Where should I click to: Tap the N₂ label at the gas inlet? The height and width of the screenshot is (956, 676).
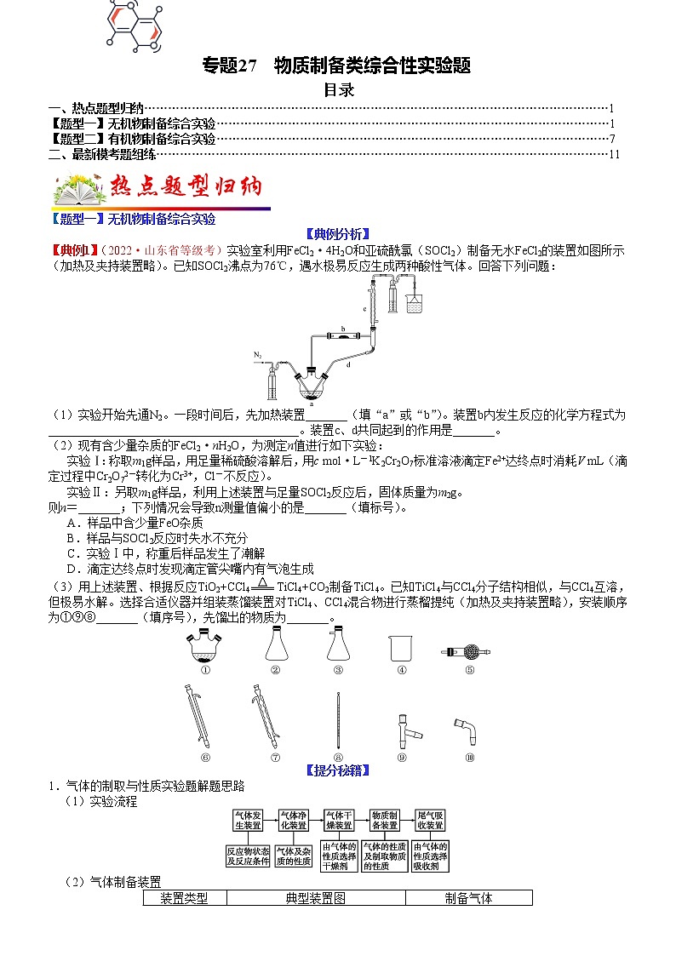click(258, 353)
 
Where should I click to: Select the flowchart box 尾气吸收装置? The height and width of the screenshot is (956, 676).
click(429, 820)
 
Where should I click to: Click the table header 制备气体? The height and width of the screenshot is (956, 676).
click(468, 897)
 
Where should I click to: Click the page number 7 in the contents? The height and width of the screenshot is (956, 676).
click(612, 138)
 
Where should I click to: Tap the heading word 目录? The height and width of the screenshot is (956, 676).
click(338, 89)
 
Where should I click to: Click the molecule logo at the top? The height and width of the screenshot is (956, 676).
click(135, 23)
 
